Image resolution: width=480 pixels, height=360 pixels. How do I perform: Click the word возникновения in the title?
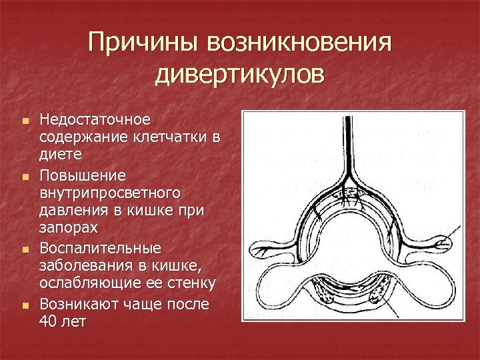pyautogui.click(x=299, y=44)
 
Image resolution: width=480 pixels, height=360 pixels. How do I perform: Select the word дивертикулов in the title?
pyautogui.click(x=240, y=73)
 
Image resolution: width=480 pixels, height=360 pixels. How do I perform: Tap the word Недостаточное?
pyautogui.click(x=95, y=120)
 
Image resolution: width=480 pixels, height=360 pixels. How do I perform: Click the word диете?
pyautogui.click(x=61, y=155)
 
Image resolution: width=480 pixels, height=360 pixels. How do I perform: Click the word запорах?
pyautogui.click(x=69, y=228)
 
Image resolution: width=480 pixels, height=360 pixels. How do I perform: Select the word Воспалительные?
pyautogui.click(x=100, y=248)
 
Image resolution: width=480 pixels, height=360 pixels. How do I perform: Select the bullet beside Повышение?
pyautogui.click(x=25, y=177)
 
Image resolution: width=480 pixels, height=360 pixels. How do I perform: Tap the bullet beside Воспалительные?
pyautogui.click(x=25, y=251)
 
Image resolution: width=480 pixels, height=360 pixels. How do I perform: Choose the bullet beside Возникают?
pyautogui.click(x=25, y=306)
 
